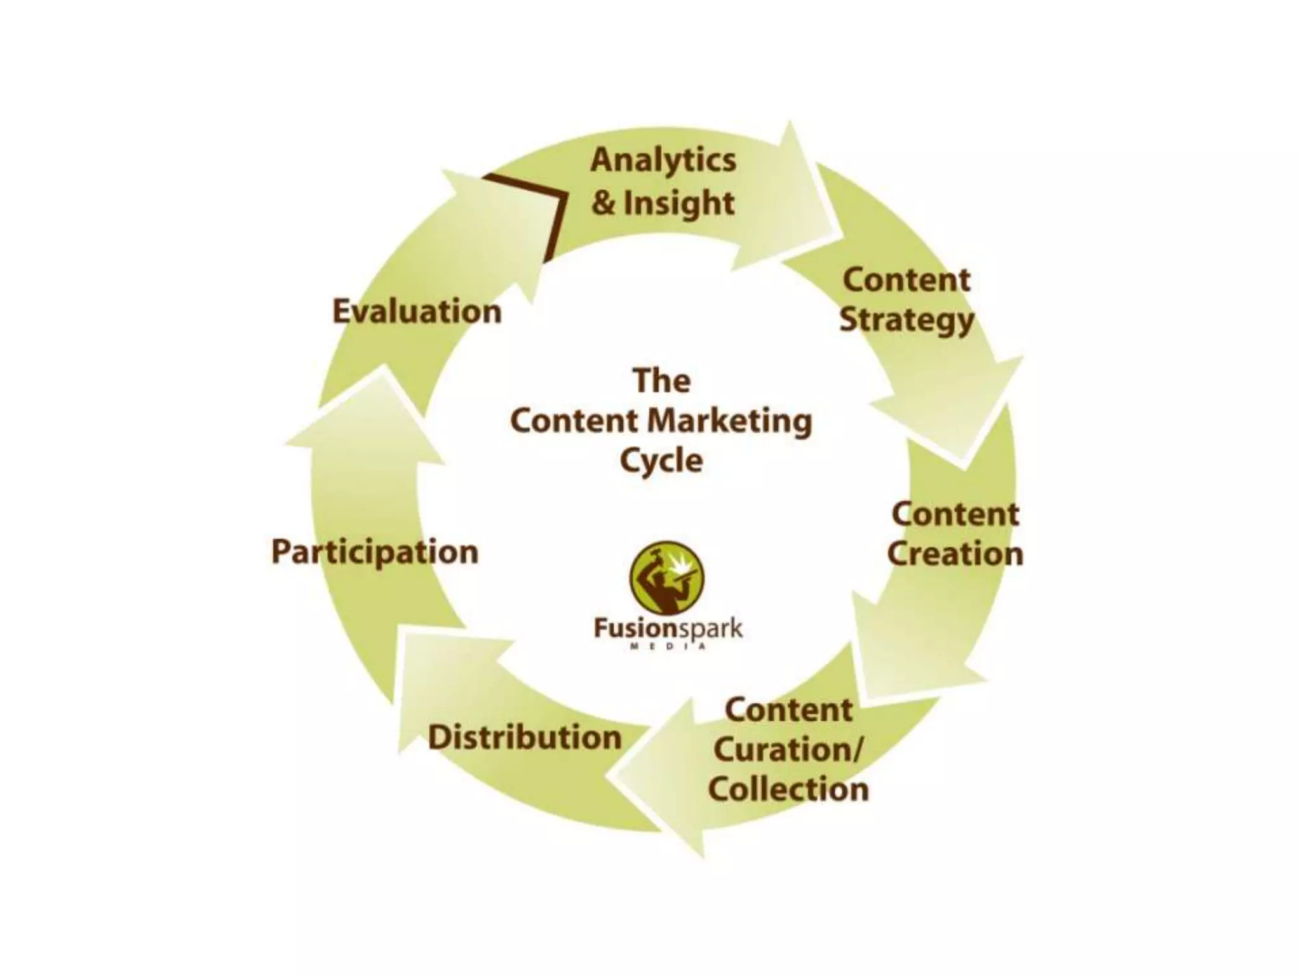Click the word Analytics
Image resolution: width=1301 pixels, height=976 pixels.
[663, 160]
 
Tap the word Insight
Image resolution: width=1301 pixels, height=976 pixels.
[678, 204]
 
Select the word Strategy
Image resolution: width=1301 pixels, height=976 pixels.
[907, 320]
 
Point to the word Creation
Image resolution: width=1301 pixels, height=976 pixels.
[955, 553]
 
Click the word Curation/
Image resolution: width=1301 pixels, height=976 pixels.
[788, 750]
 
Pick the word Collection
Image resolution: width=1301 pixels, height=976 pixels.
[788, 789]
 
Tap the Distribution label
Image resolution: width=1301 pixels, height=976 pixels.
[525, 737]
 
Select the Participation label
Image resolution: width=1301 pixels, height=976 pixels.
[375, 552]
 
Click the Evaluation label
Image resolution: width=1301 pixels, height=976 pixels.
[417, 311]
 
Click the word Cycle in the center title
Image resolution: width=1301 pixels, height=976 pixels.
[661, 461]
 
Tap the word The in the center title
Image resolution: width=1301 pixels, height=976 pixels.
[661, 381]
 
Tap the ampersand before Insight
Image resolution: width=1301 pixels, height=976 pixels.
[603, 204]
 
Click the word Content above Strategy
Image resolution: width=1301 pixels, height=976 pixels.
[907, 280]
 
